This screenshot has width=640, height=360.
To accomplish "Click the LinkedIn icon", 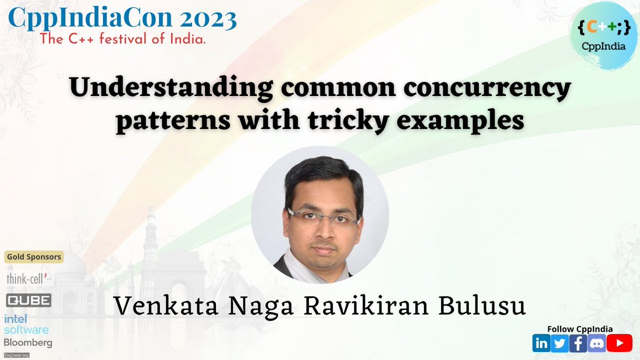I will pyautogui.click(x=541, y=343).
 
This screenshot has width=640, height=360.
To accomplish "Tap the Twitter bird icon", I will pyautogui.click(x=559, y=343).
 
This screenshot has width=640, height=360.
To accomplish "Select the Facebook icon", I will pyautogui.click(x=578, y=343).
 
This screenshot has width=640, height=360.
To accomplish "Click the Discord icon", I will pyautogui.click(x=596, y=343).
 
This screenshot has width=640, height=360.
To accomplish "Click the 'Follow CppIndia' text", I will pyautogui.click(x=580, y=329).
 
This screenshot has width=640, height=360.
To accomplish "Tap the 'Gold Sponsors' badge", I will pyautogui.click(x=34, y=257).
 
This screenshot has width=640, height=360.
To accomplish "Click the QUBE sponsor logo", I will pyautogui.click(x=29, y=300).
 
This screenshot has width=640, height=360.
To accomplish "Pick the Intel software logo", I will pyautogui.click(x=26, y=324).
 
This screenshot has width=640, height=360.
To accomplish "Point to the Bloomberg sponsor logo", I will pyautogui.click(x=28, y=342).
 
